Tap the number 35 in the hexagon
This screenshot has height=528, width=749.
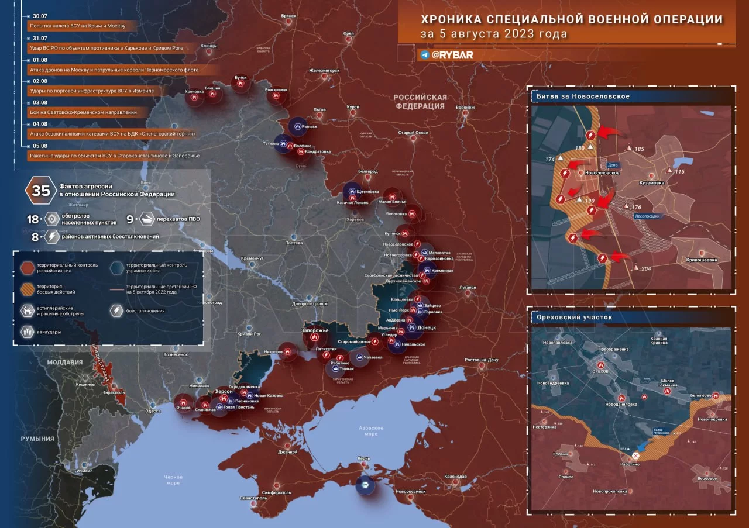click(x=41, y=191)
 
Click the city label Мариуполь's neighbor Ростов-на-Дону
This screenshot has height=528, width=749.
click(x=481, y=360)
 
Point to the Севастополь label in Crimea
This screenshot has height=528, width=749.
click(x=253, y=498)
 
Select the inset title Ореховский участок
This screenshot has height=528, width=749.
click(x=574, y=317)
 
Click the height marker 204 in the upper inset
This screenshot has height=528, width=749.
click(x=646, y=268)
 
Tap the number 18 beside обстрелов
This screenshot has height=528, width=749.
click(x=32, y=219)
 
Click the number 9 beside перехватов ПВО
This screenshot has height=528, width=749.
click(x=130, y=219)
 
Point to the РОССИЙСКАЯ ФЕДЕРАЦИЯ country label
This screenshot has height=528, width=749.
click(x=420, y=102)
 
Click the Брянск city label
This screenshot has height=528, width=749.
click(x=289, y=16)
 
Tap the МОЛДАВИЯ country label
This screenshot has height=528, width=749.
click(x=66, y=362)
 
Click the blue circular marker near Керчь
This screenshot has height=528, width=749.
click(x=365, y=485)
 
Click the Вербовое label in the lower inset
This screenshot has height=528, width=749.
click(x=707, y=478)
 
